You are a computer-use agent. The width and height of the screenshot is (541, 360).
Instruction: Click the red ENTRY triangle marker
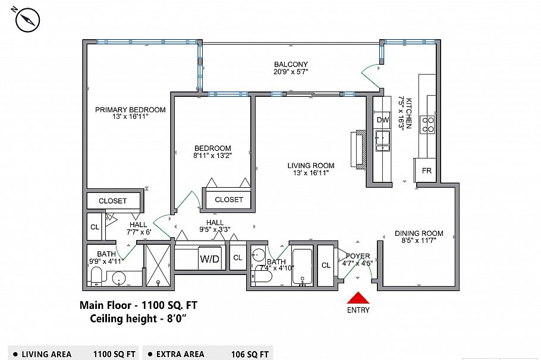[358, 298]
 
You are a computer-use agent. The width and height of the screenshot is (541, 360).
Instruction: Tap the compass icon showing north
[27, 20]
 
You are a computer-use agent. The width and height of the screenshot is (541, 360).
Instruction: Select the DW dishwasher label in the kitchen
[383, 120]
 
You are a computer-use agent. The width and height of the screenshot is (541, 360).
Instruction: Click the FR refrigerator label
[427, 170]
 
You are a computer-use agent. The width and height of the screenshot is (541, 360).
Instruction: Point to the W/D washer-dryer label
[210, 258]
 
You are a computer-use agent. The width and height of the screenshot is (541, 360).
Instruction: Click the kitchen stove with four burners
[428, 125]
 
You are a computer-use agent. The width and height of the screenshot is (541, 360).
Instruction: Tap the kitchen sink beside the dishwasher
[382, 141]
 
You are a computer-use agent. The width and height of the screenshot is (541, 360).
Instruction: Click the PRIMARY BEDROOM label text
[130, 110]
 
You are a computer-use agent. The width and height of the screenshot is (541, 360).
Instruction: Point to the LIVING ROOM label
[311, 166]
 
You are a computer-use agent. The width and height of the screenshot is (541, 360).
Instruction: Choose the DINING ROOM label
[419, 233]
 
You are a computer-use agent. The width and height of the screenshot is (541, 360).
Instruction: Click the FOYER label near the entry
[358, 256]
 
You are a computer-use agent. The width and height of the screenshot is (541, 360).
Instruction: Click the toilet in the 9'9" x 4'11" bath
[96, 276]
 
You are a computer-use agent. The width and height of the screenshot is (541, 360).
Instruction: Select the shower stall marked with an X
[158, 265]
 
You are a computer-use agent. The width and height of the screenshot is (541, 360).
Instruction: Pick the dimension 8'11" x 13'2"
[213, 156]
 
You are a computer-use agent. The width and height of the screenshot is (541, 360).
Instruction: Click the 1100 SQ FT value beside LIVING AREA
[114, 354]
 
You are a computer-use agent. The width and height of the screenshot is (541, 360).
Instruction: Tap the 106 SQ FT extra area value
[250, 354]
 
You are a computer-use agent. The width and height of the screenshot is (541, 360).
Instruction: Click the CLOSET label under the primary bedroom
[113, 201]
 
